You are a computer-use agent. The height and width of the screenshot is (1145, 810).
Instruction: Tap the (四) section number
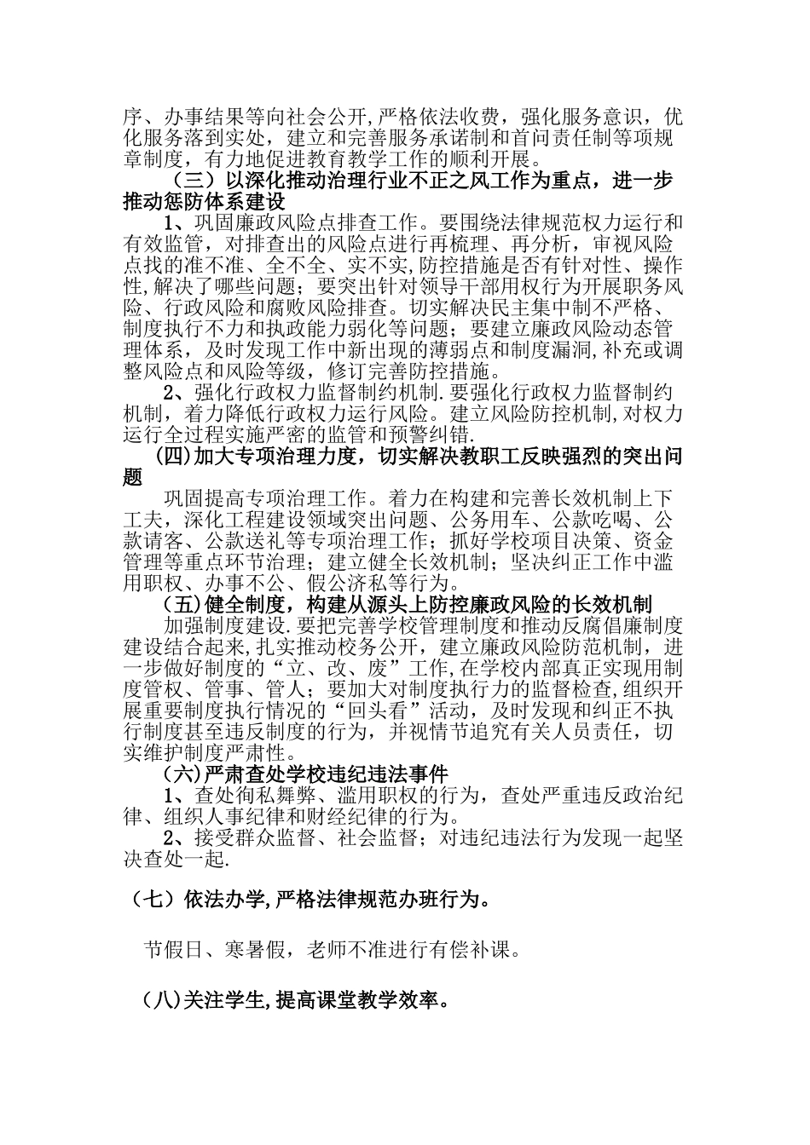click(174, 456)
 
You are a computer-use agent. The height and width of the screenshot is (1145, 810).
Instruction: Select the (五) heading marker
click(181, 605)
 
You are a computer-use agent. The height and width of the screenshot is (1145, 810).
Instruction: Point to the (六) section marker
click(181, 774)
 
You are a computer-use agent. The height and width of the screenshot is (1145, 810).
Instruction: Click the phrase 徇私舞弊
click(257, 796)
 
